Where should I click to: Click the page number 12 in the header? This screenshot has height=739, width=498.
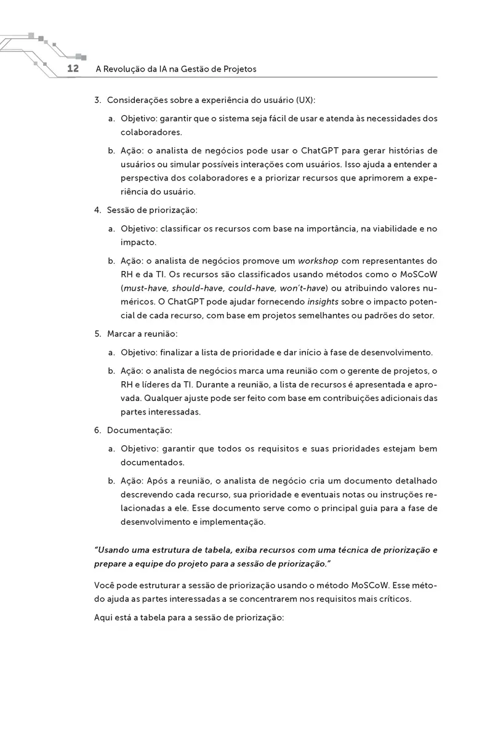(73, 68)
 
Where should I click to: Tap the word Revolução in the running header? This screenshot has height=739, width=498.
(126, 69)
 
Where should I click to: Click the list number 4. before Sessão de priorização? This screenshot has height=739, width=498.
(98, 210)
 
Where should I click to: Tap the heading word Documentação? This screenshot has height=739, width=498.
(139, 429)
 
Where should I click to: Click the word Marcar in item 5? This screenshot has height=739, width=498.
(121, 334)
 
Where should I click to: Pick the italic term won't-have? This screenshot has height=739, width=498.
(305, 288)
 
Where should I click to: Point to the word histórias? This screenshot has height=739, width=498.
(407, 151)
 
